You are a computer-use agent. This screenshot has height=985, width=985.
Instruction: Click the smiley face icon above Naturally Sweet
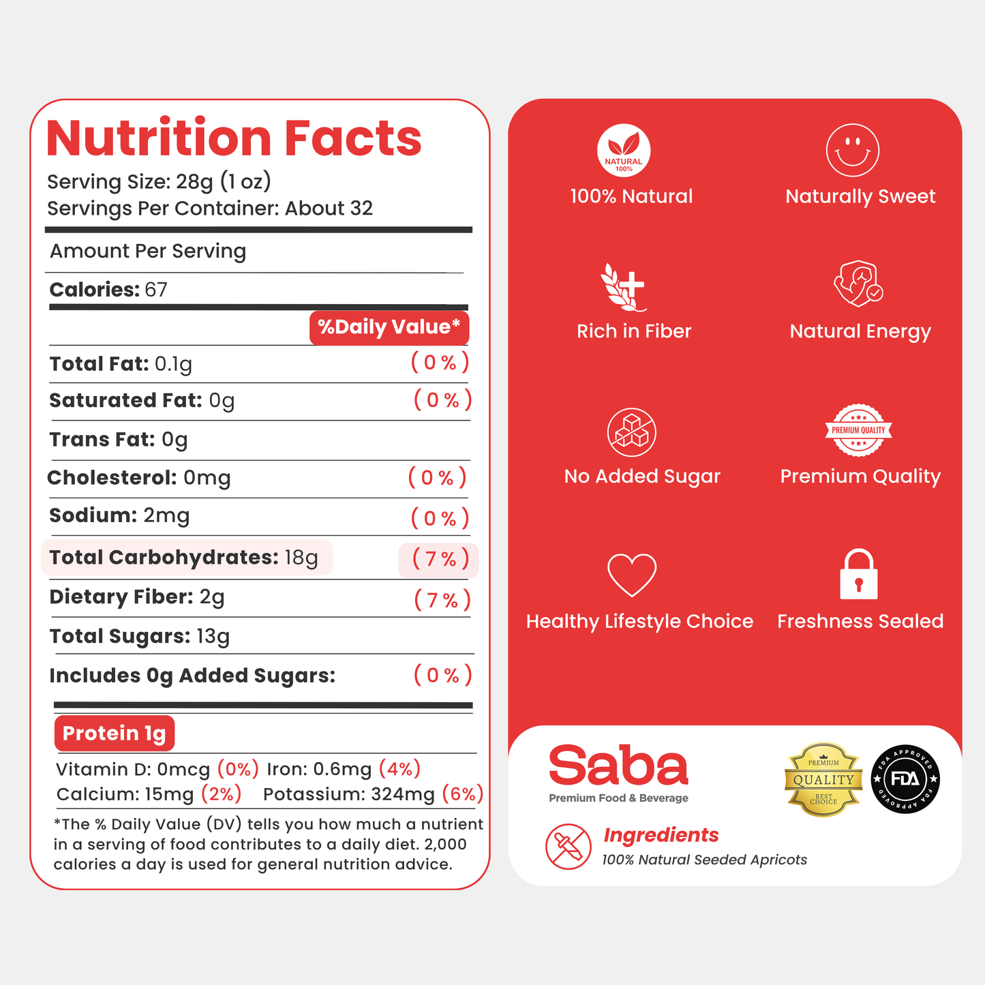point(852,150)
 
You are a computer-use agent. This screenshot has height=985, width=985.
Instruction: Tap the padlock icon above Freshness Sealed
point(859,573)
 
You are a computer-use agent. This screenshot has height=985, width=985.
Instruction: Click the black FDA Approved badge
point(905,779)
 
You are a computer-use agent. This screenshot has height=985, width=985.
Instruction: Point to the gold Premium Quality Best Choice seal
point(823,780)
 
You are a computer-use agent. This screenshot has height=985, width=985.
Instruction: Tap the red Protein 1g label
point(115,733)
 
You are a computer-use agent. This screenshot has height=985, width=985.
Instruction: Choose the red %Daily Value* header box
point(389,327)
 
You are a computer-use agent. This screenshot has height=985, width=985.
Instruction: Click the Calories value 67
point(156,290)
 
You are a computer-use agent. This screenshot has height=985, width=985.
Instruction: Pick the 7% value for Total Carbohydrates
point(440,559)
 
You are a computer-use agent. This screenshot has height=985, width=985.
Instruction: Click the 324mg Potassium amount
point(403,794)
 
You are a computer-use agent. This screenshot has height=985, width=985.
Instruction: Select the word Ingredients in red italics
point(661,835)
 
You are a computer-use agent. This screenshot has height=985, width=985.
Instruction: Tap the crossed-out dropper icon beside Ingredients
point(568,847)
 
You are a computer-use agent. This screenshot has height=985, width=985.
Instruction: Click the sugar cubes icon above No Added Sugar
point(632,432)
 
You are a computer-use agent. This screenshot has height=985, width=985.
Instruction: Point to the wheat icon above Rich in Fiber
point(623,287)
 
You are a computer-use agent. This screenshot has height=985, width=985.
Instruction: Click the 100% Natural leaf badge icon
point(624,150)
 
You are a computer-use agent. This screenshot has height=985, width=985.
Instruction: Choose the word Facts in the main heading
point(352,138)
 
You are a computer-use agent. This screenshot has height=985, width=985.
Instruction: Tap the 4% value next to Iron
point(399,768)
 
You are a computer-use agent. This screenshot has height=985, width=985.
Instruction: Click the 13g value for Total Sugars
point(213,637)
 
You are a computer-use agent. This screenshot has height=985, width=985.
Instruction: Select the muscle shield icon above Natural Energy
point(858,284)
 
